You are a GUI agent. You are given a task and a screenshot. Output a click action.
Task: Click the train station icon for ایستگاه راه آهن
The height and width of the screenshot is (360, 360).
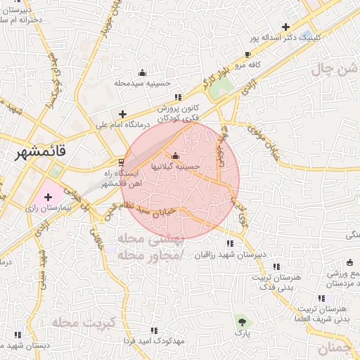122,163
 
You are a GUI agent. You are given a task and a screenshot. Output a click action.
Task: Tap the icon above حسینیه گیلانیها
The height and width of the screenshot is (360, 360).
175,155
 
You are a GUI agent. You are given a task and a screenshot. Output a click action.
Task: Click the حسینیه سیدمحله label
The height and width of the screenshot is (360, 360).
143,83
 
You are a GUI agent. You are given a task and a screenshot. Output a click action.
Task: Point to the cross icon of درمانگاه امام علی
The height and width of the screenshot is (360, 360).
123,113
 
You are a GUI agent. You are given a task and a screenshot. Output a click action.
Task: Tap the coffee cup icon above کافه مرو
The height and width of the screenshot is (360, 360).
247,54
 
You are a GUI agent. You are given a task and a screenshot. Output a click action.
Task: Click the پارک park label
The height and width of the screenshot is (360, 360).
243,331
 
